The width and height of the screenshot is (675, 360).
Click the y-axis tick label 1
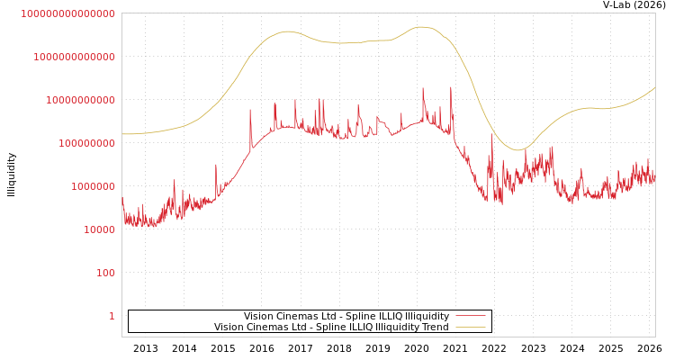click(112, 316)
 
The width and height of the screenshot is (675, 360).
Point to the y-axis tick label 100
click(105, 273)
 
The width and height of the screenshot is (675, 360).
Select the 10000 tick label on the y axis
click(99, 229)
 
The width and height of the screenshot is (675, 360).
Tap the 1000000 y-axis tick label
click(93, 186)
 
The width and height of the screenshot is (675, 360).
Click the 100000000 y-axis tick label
click(86, 143)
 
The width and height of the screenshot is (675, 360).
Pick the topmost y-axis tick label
click(67, 13)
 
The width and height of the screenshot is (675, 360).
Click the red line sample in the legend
click(470, 317)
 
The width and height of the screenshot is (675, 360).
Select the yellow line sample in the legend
click(470, 328)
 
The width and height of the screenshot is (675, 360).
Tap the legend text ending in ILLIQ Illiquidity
click(346, 317)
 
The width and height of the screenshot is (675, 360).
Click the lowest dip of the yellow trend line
click(517, 150)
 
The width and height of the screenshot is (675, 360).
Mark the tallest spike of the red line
click(423, 88)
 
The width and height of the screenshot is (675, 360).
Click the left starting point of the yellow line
click(122, 134)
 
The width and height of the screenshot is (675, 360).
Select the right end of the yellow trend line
click(655, 87)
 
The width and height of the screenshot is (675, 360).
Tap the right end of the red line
click(655, 178)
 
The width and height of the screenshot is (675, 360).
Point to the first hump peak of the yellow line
click(287, 31)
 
